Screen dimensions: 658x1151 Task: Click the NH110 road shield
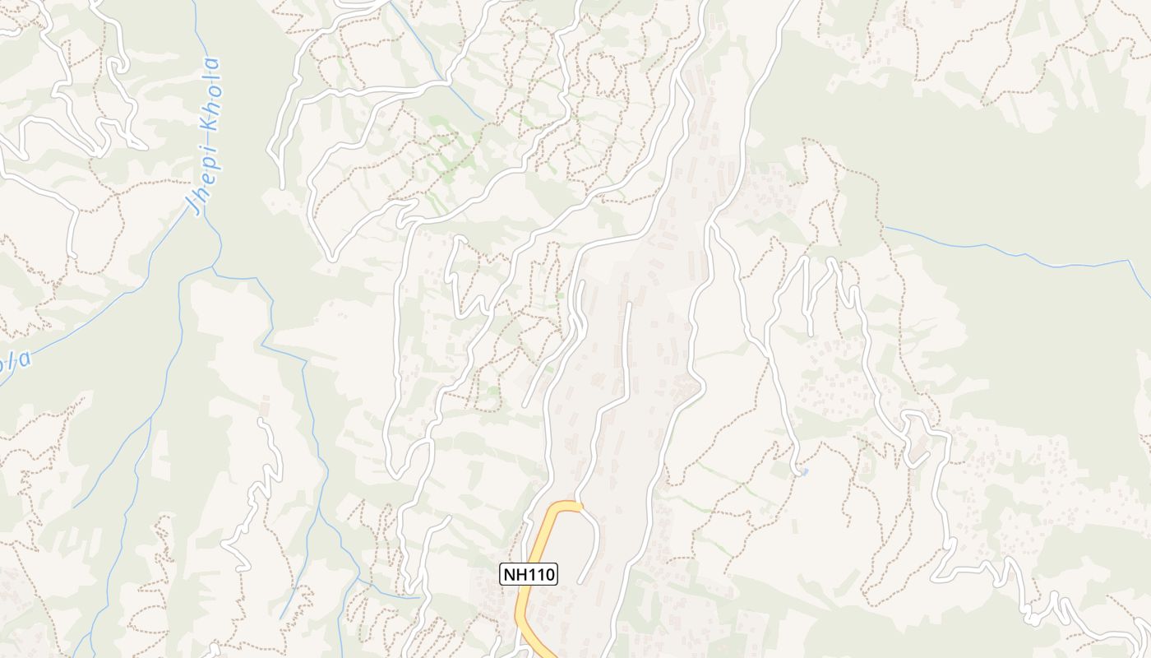(x=529, y=574)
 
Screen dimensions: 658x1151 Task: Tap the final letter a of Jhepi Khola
(x=213, y=64)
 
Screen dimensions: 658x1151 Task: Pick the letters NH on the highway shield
(x=515, y=574)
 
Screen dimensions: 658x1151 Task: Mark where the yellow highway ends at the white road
(x=580, y=506)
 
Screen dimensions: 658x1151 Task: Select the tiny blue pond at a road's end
(x=802, y=472)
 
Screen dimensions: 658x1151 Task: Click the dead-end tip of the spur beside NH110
(x=580, y=582)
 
